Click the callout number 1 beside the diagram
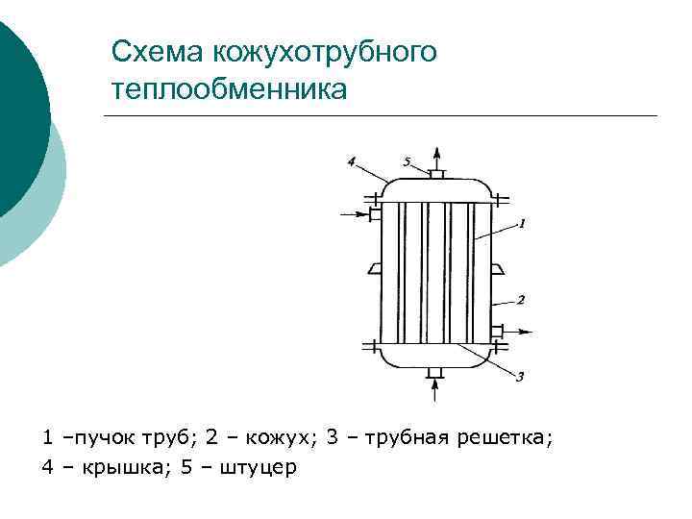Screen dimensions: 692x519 tap(521, 223)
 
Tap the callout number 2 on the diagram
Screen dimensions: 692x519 tap(520, 300)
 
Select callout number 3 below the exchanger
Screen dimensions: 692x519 tap(520, 377)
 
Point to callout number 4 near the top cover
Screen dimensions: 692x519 tap(352, 162)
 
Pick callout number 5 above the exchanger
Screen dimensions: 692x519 tap(408, 162)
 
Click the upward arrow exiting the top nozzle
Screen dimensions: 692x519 tap(435, 157)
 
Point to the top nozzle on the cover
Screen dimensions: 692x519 tap(435, 175)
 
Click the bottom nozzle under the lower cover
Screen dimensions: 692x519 tap(435, 372)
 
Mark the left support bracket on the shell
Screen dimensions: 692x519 tap(374, 269)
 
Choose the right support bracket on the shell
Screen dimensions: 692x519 tap(497, 269)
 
